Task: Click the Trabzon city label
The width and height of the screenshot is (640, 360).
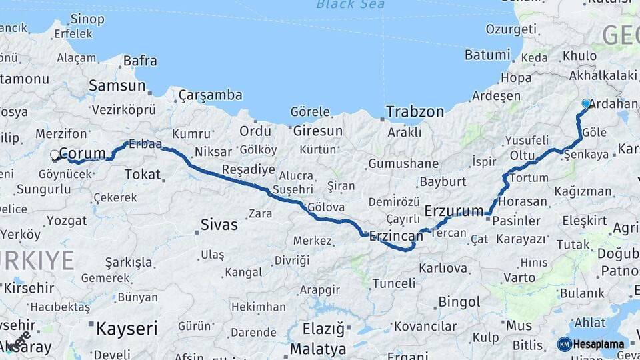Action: [x=415, y=112]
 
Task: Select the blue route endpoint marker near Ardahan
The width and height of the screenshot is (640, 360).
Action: [x=586, y=104]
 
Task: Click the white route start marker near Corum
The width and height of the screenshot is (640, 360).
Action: [x=55, y=155]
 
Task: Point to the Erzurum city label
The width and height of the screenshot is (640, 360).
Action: [x=453, y=211]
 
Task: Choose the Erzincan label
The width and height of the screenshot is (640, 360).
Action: [x=397, y=236]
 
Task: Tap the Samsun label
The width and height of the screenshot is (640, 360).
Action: [x=117, y=85]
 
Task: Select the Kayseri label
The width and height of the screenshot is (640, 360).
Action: [x=127, y=328]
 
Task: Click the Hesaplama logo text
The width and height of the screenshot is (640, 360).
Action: [x=599, y=344]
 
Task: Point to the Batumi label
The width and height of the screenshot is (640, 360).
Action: [x=487, y=54]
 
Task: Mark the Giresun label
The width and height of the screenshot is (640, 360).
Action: [x=317, y=131]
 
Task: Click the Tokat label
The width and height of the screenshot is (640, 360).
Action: [x=143, y=175]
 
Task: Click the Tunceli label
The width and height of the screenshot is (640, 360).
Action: [x=393, y=283]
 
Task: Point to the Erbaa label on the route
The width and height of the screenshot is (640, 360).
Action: [x=145, y=143]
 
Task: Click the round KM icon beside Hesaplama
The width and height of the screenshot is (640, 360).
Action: [x=564, y=344]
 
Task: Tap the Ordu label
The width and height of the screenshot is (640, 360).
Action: [x=255, y=131]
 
